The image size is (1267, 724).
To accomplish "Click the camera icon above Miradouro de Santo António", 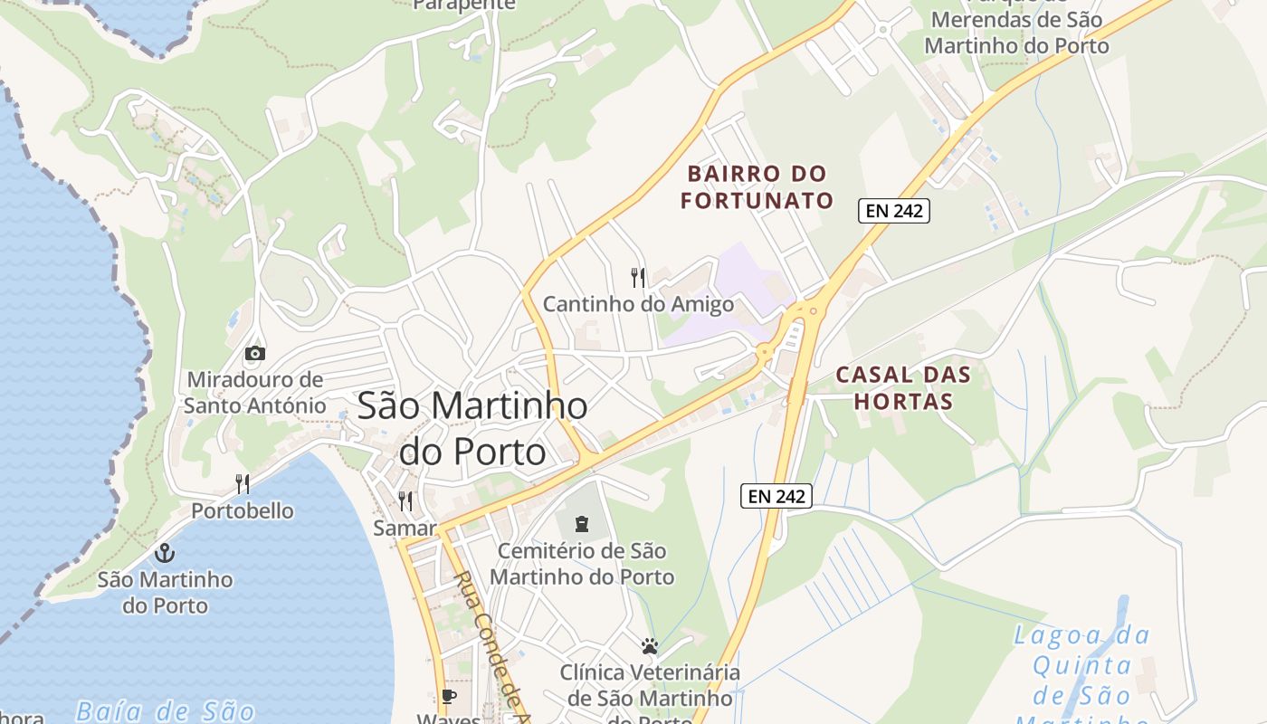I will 255,353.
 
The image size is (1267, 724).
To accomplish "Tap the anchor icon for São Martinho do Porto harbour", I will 165,553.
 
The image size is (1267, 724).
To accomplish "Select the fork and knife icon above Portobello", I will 243,484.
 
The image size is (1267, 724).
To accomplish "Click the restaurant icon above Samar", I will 405,500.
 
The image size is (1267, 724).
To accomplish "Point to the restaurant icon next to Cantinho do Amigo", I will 639,277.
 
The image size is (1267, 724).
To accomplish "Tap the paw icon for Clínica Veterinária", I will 649,646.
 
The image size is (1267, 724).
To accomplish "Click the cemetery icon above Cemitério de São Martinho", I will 580,523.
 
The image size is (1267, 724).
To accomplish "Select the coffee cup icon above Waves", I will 448,696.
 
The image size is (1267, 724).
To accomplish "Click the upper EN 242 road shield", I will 893,211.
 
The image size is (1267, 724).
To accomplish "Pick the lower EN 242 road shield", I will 776,495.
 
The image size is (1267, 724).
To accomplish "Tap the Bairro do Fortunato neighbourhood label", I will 757,186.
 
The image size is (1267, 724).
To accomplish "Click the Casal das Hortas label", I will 902,387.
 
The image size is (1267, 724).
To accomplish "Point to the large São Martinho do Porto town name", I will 472,427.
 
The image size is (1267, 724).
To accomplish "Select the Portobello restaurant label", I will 242,510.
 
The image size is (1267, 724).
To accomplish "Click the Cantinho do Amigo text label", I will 638,304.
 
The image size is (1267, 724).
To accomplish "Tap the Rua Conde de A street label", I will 489,647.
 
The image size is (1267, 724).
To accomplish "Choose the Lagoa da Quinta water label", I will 1081,665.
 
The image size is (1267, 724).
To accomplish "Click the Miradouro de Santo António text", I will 254,392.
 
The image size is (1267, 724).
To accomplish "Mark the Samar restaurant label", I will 405,528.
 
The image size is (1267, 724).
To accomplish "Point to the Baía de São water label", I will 165,710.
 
